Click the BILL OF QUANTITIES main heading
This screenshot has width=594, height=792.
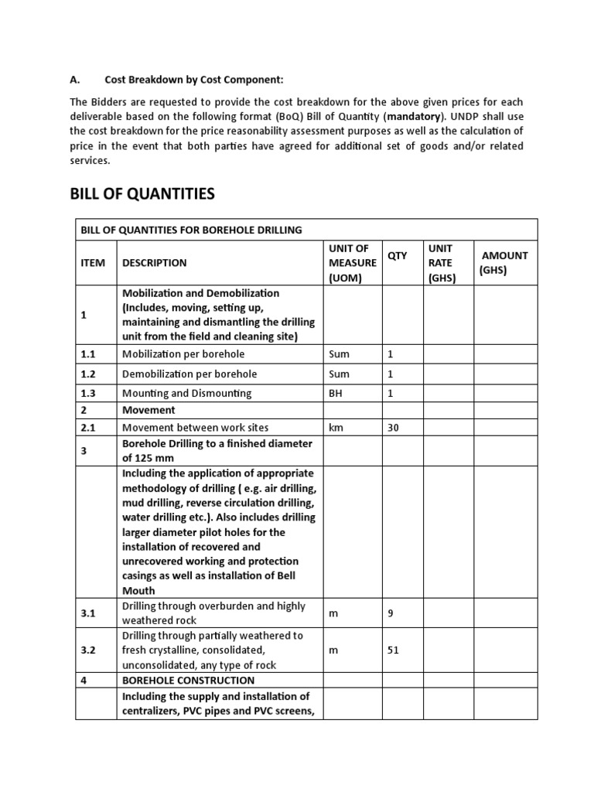[142, 193]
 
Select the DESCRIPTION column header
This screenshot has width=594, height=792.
[155, 263]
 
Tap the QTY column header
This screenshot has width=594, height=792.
[398, 256]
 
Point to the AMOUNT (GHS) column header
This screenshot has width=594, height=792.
[504, 263]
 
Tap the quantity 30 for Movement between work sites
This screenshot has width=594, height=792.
[393, 428]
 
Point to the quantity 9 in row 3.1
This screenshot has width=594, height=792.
[390, 613]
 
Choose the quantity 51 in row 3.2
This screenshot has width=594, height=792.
[393, 650]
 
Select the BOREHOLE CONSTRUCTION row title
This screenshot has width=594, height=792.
[188, 681]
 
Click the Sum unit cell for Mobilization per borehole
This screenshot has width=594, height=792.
[339, 354]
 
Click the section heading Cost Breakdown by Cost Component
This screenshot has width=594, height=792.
[194, 80]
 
